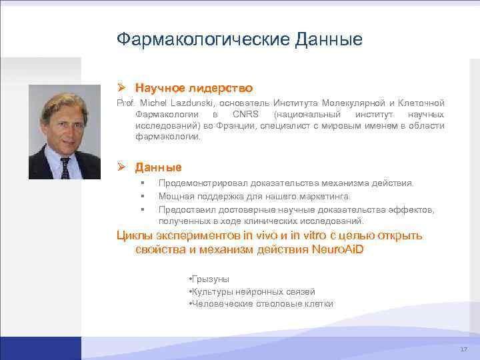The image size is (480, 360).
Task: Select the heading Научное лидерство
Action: (x=193, y=88)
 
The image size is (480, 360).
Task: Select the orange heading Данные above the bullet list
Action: (x=158, y=167)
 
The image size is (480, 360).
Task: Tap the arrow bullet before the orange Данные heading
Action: (x=121, y=167)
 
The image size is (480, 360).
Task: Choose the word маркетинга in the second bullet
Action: (x=325, y=196)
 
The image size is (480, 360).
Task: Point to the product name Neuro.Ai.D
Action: (x=337, y=249)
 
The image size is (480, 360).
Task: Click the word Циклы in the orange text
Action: (x=135, y=235)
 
